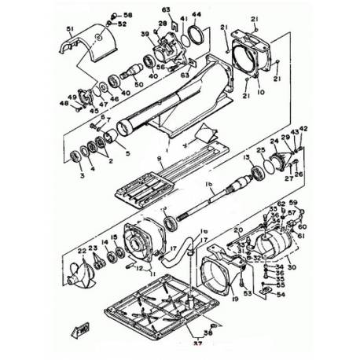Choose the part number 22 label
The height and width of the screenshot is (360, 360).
click(x=81, y=252)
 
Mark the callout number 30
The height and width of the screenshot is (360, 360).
click(x=292, y=268)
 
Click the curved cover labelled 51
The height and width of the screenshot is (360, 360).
click(x=86, y=47)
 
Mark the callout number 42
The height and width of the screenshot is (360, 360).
click(x=303, y=128)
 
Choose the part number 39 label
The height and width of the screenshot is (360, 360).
click(x=145, y=35)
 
